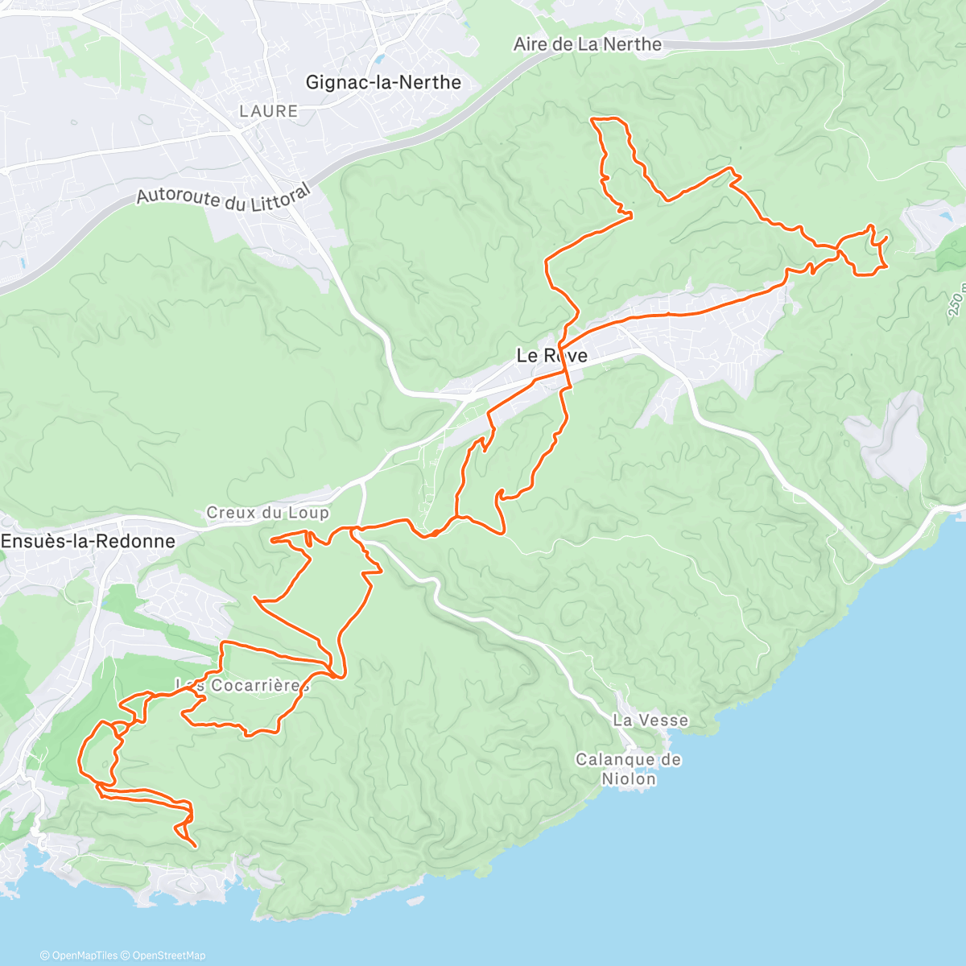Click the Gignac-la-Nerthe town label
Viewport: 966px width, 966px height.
pos(383,82)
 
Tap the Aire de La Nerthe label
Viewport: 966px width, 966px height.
pos(588,44)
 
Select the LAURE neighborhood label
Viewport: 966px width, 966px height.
pos(268,111)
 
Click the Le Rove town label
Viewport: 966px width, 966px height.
pos(551,355)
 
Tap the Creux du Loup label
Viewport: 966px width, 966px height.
pos(267,512)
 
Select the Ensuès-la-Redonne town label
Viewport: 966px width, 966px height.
pos(88,541)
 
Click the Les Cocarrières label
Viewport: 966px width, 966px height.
pos(242,685)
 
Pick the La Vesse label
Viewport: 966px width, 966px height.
pos(650,720)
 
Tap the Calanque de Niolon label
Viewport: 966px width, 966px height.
pos(628,769)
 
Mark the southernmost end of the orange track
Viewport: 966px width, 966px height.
pos(196,845)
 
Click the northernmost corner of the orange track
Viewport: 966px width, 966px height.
pos(594,119)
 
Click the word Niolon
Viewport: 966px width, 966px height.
pos(629,778)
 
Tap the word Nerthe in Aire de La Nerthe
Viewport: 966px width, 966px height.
pos(635,44)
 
